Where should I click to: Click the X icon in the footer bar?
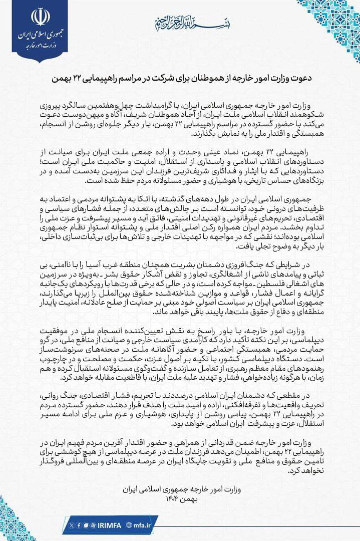(72, 524)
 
